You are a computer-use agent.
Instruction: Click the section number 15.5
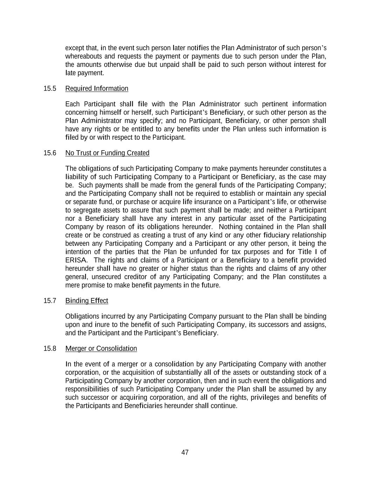(x=50, y=89)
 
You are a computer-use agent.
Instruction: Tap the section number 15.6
(x=50, y=153)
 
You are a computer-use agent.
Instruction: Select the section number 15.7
(x=50, y=301)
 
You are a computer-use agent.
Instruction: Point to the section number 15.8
(x=50, y=348)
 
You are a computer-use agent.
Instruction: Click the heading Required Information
(x=97, y=89)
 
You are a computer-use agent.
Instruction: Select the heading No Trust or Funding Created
(x=107, y=153)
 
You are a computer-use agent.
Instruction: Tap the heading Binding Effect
(x=87, y=301)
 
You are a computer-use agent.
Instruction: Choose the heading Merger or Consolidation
(x=101, y=348)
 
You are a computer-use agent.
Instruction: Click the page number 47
(x=185, y=452)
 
